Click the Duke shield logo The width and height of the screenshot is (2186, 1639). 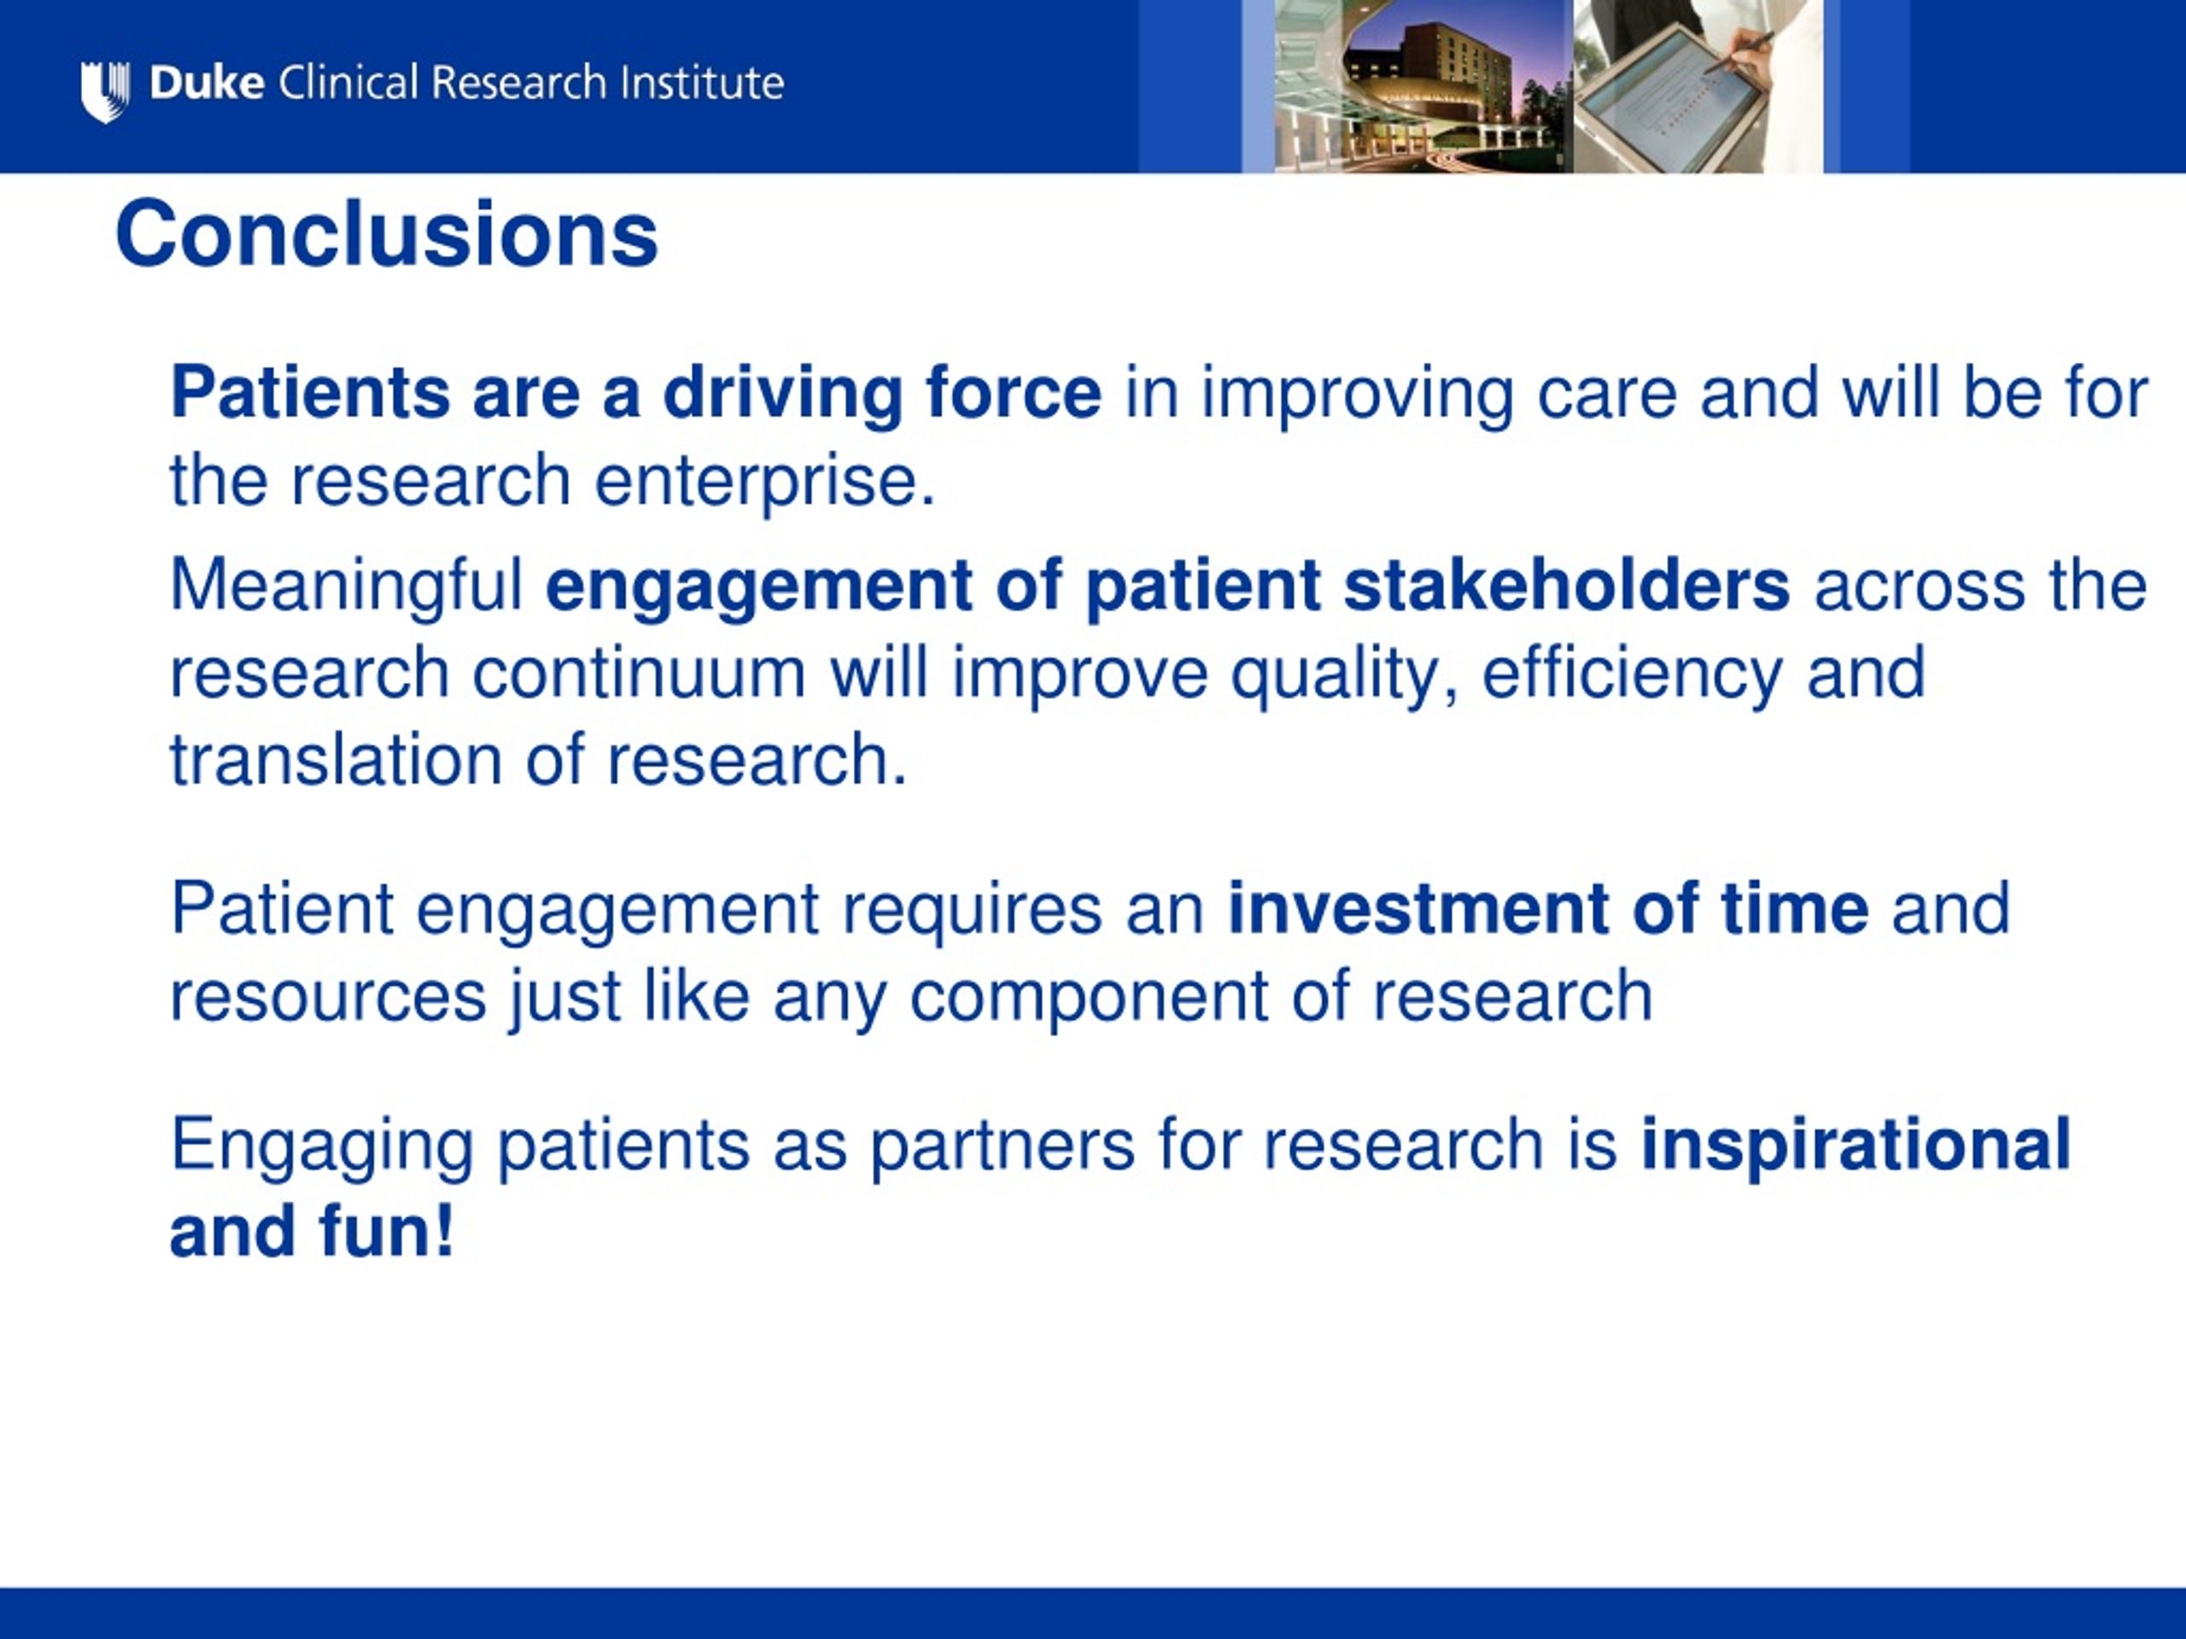click(x=105, y=90)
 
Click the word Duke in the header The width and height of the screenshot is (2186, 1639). click(x=207, y=83)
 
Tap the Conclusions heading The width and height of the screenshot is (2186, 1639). click(x=387, y=234)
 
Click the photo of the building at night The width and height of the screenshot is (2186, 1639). click(x=1423, y=86)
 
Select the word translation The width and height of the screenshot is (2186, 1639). click(x=336, y=760)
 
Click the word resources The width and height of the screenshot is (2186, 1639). click(x=329, y=998)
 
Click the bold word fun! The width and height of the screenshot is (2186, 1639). click(x=387, y=1231)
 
